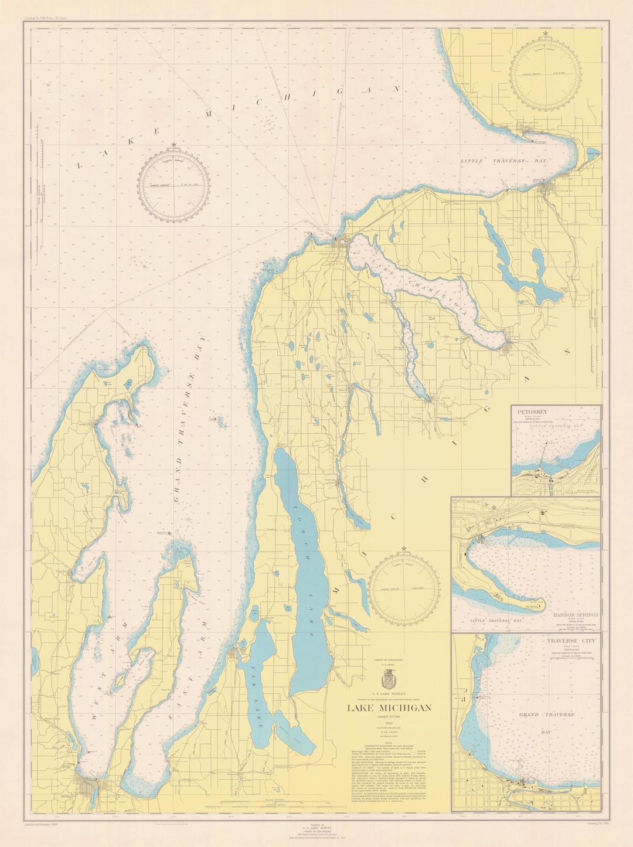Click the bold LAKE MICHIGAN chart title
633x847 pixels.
click(x=390, y=707)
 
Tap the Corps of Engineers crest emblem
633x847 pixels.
click(x=390, y=679)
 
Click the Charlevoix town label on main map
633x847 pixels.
click(x=329, y=254)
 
